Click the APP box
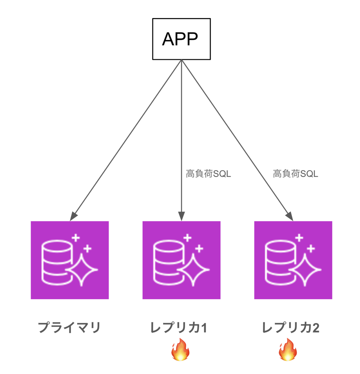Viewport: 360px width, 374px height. point(181,39)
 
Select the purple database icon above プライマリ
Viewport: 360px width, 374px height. point(70,260)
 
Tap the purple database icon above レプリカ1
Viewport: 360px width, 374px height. point(181,260)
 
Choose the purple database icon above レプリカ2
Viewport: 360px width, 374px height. point(293,260)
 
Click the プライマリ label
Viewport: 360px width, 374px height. point(69,328)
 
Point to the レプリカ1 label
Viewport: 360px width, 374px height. point(178,328)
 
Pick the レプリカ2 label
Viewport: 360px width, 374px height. point(290,328)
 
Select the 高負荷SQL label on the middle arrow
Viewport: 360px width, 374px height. point(208,174)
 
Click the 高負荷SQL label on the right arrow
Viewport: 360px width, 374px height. point(295,174)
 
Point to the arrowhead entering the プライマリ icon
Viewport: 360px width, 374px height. point(74,216)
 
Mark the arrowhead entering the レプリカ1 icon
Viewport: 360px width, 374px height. point(181,216)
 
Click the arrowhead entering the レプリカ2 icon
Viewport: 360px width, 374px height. point(289,216)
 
